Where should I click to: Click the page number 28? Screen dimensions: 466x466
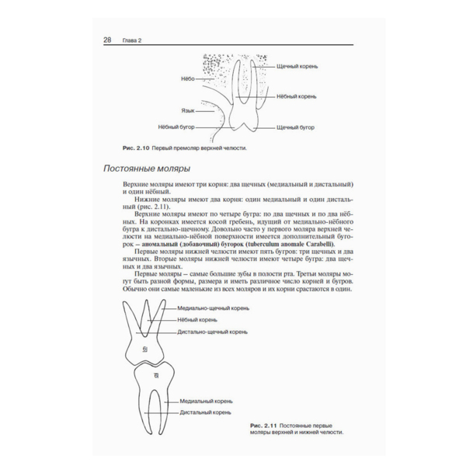(x=107, y=40)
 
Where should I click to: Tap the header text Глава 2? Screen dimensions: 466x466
(x=130, y=40)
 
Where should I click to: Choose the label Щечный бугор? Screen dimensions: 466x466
(x=296, y=126)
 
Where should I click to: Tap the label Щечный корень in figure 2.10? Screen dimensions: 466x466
(x=298, y=66)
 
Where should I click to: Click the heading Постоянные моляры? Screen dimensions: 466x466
(x=148, y=168)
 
